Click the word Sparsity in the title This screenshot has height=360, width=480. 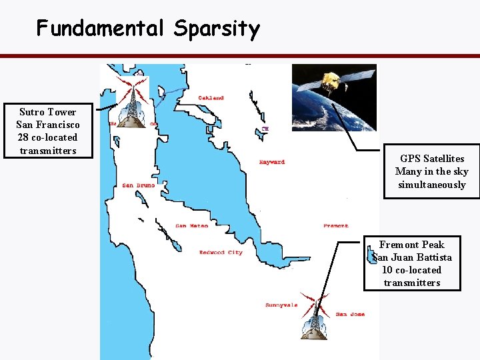pyautogui.click(x=217, y=29)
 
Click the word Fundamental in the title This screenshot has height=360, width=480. pyautogui.click(x=101, y=28)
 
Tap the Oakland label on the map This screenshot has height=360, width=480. pyautogui.click(x=211, y=98)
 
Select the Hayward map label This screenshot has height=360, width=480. pyautogui.click(x=271, y=162)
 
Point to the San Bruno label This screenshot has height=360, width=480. pyautogui.click(x=138, y=185)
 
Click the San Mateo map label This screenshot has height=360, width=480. pyautogui.click(x=191, y=226)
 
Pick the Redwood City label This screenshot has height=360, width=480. pyautogui.click(x=221, y=253)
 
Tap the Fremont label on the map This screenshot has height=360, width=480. pyautogui.click(x=335, y=226)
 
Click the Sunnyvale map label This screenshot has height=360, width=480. pyautogui.click(x=281, y=306)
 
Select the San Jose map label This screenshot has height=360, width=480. pyautogui.click(x=350, y=314)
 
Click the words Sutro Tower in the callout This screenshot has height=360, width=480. pyautogui.click(x=47, y=112)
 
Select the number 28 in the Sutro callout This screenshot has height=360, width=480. pyautogui.click(x=25, y=137)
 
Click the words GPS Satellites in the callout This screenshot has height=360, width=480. pyautogui.click(x=432, y=159)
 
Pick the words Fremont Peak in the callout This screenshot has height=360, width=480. pyautogui.click(x=411, y=245)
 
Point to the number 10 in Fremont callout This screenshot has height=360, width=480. pyautogui.click(x=387, y=270)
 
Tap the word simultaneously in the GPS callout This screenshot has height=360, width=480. pyautogui.click(x=432, y=185)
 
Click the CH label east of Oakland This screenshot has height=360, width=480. pyautogui.click(x=265, y=129)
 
